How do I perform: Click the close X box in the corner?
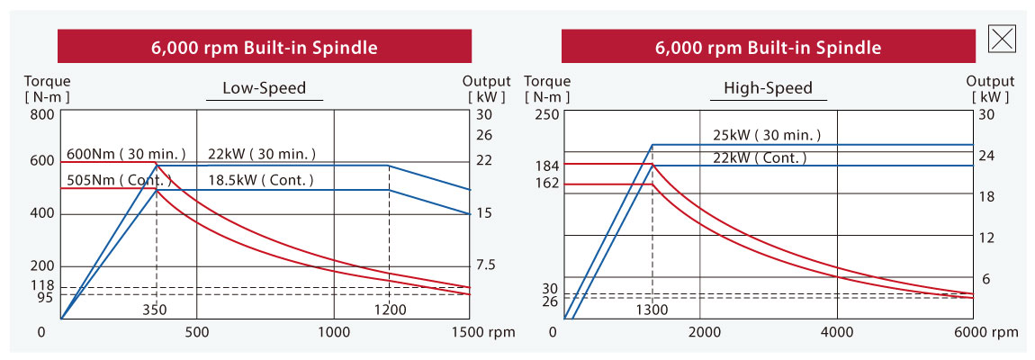[1003, 38]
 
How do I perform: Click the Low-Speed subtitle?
[265, 88]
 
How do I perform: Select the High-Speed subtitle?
[768, 88]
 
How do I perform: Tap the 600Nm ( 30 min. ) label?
[126, 154]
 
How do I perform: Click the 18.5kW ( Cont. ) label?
[261, 180]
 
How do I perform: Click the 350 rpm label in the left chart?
[157, 310]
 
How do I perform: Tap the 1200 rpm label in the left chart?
[390, 310]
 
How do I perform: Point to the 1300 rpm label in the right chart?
[652, 310]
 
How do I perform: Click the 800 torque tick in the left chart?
[43, 114]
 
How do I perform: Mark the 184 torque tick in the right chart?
[548, 166]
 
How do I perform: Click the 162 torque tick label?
[548, 184]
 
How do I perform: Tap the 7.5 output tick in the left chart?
[484, 265]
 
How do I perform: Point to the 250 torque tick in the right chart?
[548, 114]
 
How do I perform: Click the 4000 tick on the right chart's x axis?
[837, 332]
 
